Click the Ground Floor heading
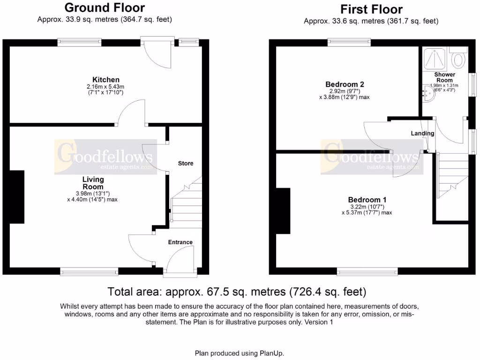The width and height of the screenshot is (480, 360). [x=105, y=8]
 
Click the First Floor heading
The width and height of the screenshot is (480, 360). [x=371, y=9]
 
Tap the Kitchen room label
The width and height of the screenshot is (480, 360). [x=105, y=80]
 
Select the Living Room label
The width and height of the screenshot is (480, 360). [x=93, y=183]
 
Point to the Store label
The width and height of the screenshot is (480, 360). [x=186, y=164]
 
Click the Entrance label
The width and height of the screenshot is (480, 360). [x=180, y=242]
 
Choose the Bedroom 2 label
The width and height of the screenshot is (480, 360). [x=345, y=84]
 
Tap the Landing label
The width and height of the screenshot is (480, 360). [x=422, y=134]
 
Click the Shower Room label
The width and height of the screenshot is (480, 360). [x=444, y=77]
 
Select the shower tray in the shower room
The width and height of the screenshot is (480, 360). [x=434, y=59]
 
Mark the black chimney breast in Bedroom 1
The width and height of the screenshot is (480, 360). [x=283, y=210]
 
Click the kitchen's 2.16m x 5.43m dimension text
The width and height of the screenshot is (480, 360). [x=105, y=87]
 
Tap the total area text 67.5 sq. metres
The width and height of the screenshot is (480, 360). [x=237, y=292]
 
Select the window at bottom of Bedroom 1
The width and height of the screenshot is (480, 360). [x=367, y=271]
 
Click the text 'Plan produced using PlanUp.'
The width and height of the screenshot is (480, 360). [x=240, y=353]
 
